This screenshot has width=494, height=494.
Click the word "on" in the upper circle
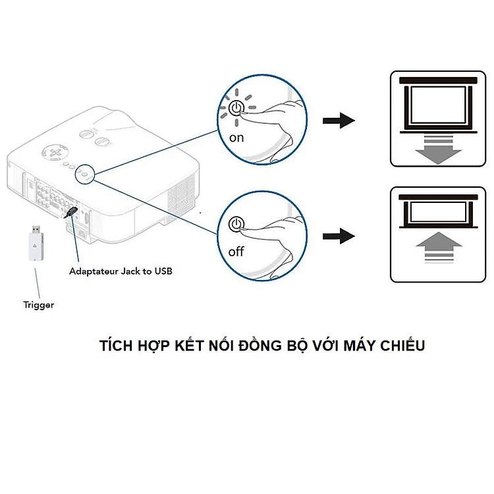(x=236, y=138)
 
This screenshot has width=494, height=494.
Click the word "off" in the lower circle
(x=236, y=252)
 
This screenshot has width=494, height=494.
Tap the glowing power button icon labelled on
(x=237, y=108)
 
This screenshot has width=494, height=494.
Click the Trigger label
(x=39, y=305)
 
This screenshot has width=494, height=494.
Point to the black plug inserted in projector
(x=70, y=212)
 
